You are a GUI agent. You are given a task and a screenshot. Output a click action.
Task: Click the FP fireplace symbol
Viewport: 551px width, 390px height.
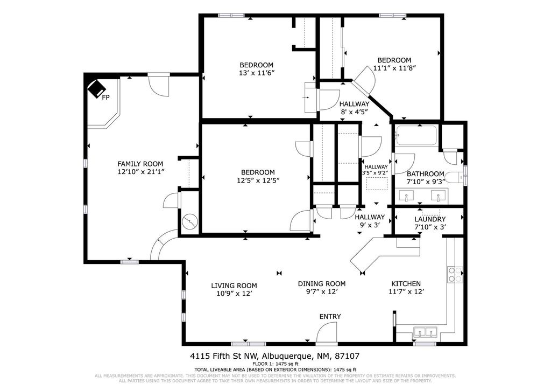coord(97,89)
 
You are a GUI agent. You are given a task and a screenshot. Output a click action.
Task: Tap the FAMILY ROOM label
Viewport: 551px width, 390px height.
coord(140,164)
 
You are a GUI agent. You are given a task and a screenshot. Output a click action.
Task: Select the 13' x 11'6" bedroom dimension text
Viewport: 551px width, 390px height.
coord(256,73)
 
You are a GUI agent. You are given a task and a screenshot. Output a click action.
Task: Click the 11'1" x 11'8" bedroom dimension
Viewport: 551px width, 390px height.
coord(394,68)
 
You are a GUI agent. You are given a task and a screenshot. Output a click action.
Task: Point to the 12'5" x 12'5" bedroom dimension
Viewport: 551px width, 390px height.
coord(257,180)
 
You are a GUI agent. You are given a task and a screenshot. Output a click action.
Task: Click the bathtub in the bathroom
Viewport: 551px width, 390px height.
coord(416,136)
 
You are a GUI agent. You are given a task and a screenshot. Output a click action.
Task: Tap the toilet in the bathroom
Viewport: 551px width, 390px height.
coord(456,176)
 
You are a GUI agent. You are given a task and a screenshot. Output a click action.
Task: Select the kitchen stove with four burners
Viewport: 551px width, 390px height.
coord(453,275)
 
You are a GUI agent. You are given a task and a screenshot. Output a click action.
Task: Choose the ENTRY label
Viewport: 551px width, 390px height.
coord(330,316)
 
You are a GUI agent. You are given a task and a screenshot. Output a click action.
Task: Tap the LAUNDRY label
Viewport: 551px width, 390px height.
coord(429,219)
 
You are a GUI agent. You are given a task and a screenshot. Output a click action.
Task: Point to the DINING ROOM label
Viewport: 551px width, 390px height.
coord(322,283)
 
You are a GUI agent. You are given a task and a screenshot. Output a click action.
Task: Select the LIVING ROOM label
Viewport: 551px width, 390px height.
coord(234,285)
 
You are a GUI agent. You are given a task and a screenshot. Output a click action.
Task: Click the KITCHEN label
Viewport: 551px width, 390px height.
coord(406,283)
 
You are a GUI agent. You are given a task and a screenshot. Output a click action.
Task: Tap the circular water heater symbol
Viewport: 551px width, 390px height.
coord(190,221)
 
